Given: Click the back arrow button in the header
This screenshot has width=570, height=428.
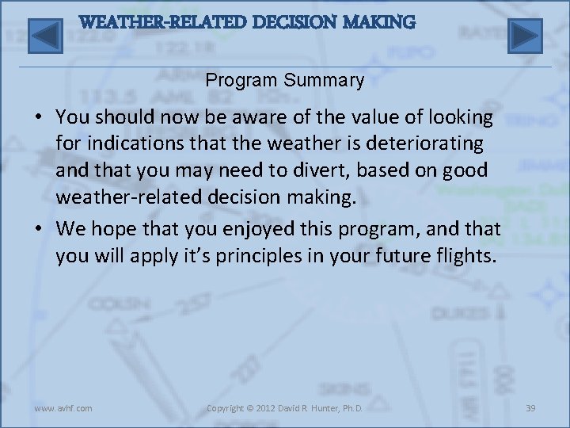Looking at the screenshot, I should coord(45,36).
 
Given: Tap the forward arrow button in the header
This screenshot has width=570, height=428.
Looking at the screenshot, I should coord(524,36).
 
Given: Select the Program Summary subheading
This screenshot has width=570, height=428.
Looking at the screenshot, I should coord(285,80).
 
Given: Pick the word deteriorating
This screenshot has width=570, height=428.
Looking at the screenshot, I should coord(421,143).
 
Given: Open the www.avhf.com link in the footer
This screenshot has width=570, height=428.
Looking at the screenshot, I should coord(63,408).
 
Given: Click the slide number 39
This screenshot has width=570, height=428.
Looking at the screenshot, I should coord(530,408).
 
